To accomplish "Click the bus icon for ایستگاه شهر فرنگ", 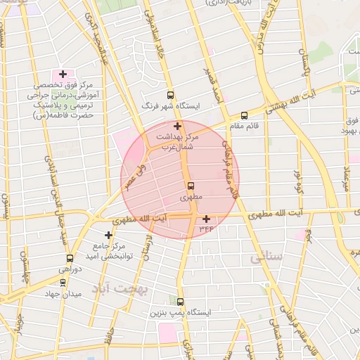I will (170, 95).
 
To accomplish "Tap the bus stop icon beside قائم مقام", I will (244, 115).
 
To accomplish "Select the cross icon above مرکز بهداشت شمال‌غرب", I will (177, 126).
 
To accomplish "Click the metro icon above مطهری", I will (191, 186).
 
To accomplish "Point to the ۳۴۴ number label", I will (206, 229).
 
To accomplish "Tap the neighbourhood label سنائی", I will (265, 258).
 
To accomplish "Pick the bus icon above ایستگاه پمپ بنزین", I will (180, 301).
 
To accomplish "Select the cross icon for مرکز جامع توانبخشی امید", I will (108, 235).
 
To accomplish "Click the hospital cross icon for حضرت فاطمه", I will (63, 74).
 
